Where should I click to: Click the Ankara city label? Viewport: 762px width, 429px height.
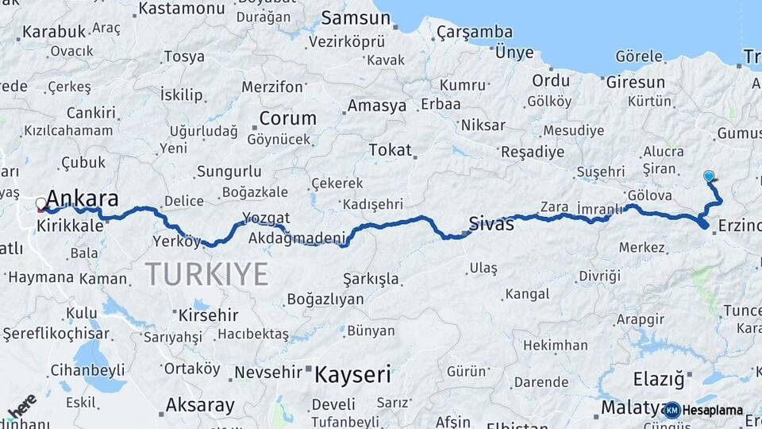[x=83, y=199]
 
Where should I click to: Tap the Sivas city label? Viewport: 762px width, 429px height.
[x=491, y=223]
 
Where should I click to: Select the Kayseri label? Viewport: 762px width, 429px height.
[x=352, y=373]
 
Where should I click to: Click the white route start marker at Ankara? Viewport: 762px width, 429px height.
[x=41, y=204]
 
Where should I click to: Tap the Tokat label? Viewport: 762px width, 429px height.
[x=391, y=150]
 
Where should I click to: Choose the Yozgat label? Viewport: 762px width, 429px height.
[x=266, y=218]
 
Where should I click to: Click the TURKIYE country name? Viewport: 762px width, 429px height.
[x=206, y=275]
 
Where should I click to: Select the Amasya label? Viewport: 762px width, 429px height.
[x=377, y=106]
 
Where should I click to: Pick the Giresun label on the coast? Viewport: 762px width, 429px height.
[x=635, y=82]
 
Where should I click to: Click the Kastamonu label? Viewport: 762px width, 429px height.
[x=182, y=9]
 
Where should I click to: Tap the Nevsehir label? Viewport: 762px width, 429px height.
[x=269, y=372]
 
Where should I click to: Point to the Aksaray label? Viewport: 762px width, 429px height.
[x=200, y=405]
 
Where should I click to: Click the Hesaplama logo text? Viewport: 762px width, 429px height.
[x=713, y=410]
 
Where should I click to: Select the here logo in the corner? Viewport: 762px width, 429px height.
[x=21, y=405]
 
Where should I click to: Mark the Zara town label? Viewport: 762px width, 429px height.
[x=554, y=207]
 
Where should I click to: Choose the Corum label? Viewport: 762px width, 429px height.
[x=287, y=118]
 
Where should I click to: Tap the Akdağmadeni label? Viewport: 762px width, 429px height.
[x=298, y=238]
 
